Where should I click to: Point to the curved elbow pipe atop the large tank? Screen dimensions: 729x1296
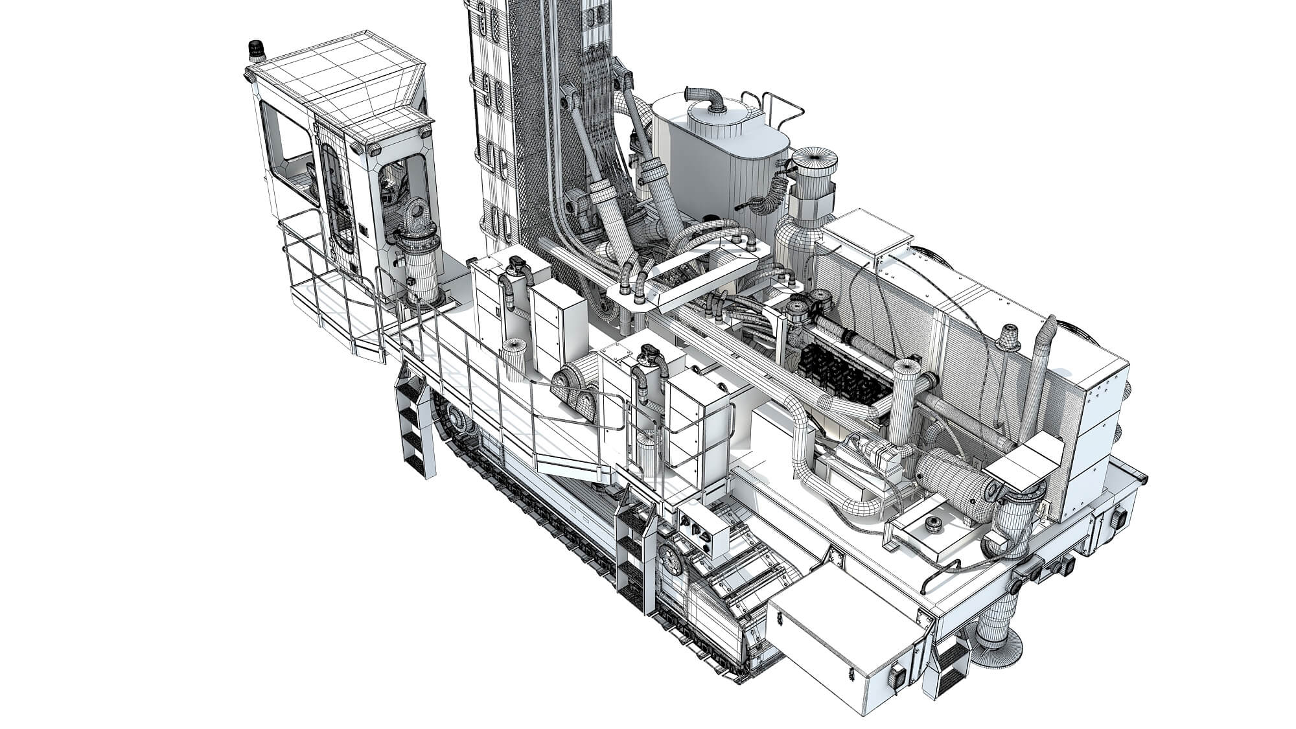click(708, 100)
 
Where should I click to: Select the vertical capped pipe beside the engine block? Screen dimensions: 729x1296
click(905, 402)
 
